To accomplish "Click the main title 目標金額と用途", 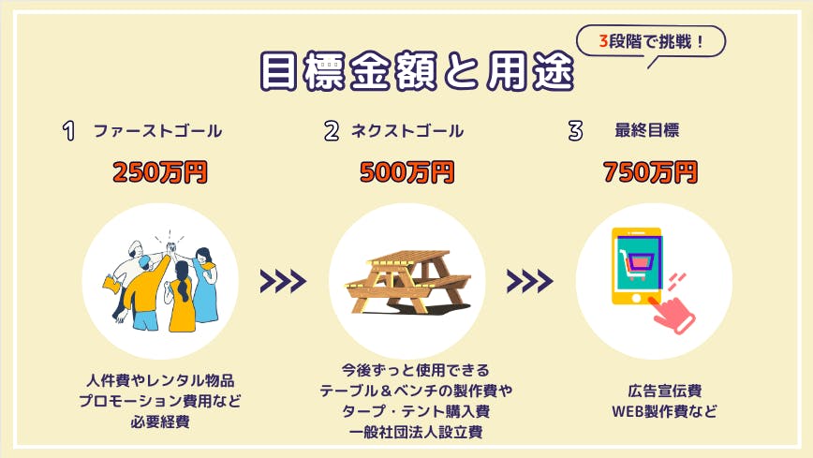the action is [417, 71].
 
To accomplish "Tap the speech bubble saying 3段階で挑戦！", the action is [651, 41].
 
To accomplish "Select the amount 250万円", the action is [160, 172].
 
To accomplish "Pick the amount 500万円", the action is [407, 172].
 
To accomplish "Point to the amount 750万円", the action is [651, 172].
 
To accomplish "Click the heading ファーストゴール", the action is [157, 131].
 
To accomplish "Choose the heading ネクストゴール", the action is [407, 131].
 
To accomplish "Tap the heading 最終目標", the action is [646, 130].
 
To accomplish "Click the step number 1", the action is [69, 131].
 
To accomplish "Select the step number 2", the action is [332, 131].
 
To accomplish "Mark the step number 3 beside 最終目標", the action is [575, 131].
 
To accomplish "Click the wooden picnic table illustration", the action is [408, 282].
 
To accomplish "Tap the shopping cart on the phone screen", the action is [639, 263].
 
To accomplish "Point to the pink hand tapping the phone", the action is [673, 315].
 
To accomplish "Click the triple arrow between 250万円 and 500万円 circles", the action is [283, 281].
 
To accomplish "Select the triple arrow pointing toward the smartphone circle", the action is [530, 281].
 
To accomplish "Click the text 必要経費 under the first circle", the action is [160, 421].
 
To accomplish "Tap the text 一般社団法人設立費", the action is [416, 432].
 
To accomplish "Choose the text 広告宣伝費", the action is [665, 391].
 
